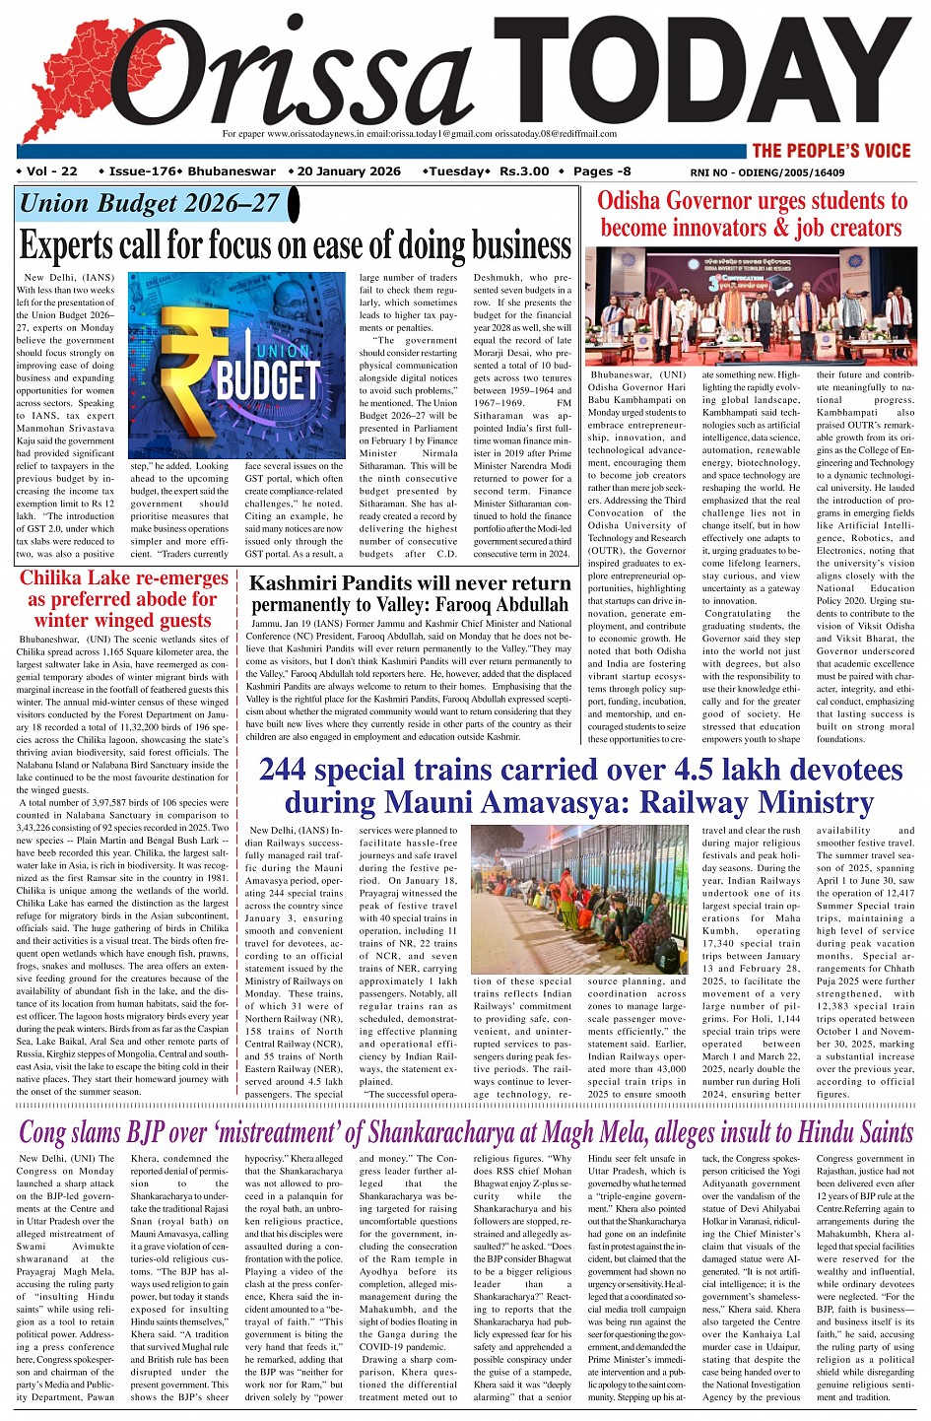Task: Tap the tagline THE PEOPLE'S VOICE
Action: pos(831,151)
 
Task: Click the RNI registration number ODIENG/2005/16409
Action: pos(795,172)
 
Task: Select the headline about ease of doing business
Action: pos(295,244)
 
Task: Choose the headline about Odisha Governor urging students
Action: pos(752,215)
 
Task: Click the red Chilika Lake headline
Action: pos(123,599)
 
